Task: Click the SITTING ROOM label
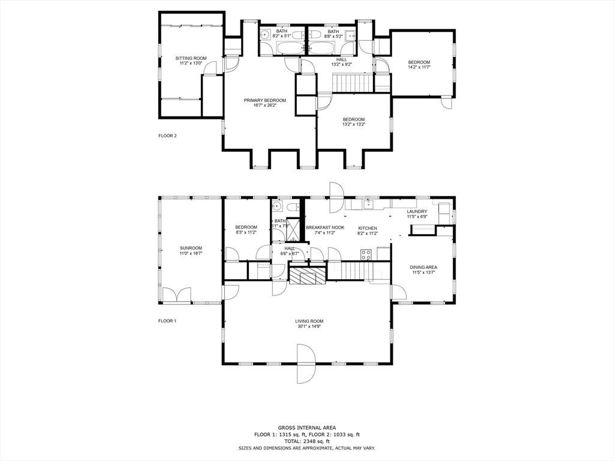point(191,58)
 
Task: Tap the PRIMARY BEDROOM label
point(264,100)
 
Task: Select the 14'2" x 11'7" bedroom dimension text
point(419,68)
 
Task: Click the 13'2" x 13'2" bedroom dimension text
point(353,125)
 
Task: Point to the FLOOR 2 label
point(167,136)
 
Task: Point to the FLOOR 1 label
point(167,321)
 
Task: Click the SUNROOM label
point(191,248)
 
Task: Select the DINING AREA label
point(423,267)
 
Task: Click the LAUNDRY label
point(417,211)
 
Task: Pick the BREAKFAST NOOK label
point(324,227)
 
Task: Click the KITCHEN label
point(367,228)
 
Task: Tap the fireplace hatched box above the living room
point(308,275)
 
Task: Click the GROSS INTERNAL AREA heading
point(306,428)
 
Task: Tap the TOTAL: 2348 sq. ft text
point(306,441)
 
